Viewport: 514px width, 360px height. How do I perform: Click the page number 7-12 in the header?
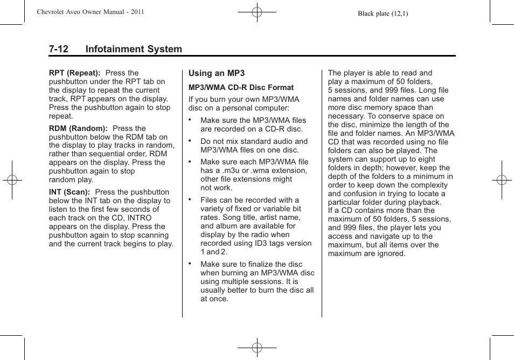tap(58, 49)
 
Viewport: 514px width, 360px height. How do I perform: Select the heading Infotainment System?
tap(134, 49)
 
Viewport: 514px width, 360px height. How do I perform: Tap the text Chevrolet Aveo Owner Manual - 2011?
tap(90, 11)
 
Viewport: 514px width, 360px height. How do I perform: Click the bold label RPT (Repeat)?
tap(74, 73)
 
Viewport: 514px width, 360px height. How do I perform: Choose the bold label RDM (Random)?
tap(78, 128)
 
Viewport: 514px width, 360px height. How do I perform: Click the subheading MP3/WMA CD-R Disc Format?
tap(241, 87)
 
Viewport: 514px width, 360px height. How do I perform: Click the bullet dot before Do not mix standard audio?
tap(190, 140)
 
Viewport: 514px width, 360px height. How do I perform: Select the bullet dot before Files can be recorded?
tap(190, 199)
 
